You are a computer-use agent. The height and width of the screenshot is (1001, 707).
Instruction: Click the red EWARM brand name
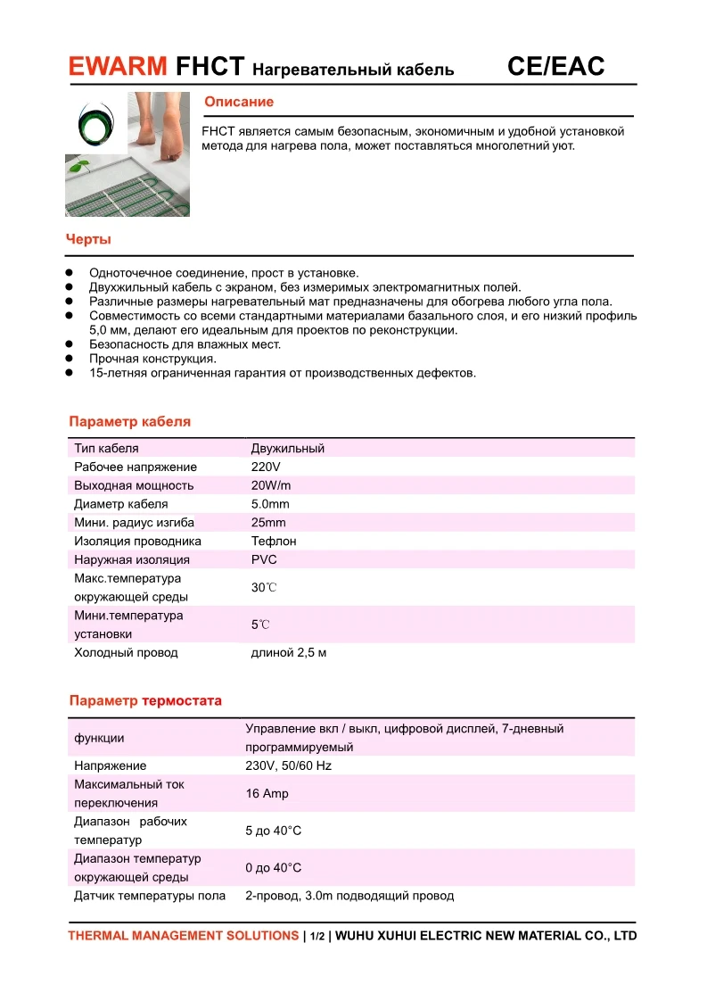pyautogui.click(x=118, y=66)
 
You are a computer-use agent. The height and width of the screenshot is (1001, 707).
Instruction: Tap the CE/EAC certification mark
pyautogui.click(x=555, y=66)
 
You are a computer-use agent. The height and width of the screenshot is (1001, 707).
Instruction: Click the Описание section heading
pyautogui.click(x=239, y=103)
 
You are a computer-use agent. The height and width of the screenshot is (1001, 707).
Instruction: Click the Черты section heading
pyautogui.click(x=88, y=239)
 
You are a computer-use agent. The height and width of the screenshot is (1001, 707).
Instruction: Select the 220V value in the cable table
pyautogui.click(x=266, y=467)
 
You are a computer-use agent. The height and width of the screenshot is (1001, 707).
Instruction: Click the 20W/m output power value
pyautogui.click(x=271, y=485)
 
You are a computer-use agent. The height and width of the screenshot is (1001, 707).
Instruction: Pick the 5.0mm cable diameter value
pyautogui.click(x=270, y=504)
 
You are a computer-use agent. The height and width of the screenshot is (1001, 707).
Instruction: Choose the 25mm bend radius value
pyautogui.click(x=268, y=523)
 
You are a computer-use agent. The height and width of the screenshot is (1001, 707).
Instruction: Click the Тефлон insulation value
pyautogui.click(x=274, y=542)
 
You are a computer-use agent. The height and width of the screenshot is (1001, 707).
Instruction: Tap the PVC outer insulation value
pyautogui.click(x=264, y=559)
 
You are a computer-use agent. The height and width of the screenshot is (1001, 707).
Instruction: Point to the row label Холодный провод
pyautogui.click(x=126, y=653)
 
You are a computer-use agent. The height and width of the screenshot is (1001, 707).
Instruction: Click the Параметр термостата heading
pyautogui.click(x=145, y=700)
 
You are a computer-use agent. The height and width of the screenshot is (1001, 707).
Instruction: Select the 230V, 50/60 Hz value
pyautogui.click(x=288, y=765)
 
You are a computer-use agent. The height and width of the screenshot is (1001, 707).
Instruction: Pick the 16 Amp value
pyautogui.click(x=267, y=793)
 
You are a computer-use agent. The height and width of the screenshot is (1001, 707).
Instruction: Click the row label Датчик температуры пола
pyautogui.click(x=150, y=896)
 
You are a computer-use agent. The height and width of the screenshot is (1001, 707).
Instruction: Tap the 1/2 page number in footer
pyautogui.click(x=317, y=937)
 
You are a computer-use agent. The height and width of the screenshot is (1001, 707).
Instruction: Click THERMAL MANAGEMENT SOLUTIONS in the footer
pyautogui.click(x=183, y=936)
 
